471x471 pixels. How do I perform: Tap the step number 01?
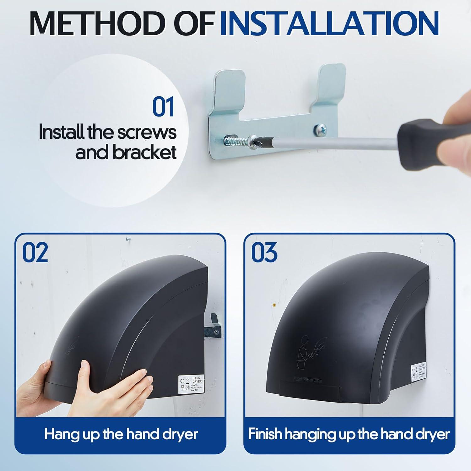(163, 107)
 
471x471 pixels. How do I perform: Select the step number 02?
(35, 252)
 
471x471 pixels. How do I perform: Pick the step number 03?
(264, 252)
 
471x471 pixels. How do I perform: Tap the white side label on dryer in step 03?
(420, 373)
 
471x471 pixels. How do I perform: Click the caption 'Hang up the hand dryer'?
(121, 434)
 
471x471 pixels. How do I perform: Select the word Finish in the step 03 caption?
(265, 434)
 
